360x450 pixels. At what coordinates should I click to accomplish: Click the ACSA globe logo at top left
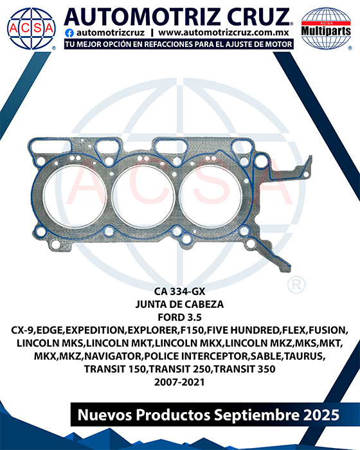tap(32, 28)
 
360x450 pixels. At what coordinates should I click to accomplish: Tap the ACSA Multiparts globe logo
tap(326, 28)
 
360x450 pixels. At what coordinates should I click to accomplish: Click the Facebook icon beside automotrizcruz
tap(69, 33)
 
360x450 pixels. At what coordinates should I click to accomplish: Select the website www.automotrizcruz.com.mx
tap(224, 33)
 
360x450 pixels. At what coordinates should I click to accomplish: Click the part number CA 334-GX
tap(180, 292)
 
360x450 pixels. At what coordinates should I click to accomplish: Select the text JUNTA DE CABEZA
tap(180, 304)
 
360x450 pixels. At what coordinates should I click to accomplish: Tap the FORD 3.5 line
tap(180, 318)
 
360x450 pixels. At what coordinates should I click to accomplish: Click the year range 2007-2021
tap(179, 382)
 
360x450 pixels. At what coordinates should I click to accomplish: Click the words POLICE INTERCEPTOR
tap(196, 356)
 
